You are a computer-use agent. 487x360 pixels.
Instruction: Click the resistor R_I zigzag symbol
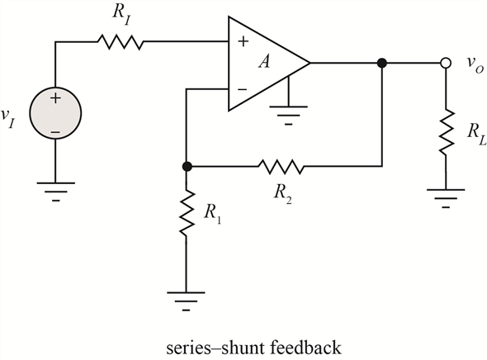(121, 42)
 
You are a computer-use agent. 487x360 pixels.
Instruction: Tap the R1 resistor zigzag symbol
(187, 214)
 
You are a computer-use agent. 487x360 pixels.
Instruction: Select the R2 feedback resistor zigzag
(281, 167)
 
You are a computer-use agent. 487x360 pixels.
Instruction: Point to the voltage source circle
(55, 113)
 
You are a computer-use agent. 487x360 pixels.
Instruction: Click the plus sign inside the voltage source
(55, 99)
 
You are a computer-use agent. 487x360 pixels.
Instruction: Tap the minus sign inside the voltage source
(55, 132)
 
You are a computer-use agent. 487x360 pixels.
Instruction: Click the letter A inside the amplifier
(265, 61)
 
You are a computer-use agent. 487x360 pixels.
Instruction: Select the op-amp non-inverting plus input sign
(243, 41)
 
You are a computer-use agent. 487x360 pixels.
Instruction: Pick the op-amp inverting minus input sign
(242, 89)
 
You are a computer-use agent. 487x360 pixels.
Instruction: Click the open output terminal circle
(446, 63)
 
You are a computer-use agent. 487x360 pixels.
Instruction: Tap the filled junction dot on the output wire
(382, 63)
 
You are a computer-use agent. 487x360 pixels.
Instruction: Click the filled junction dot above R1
(187, 167)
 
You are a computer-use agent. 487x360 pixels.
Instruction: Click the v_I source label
(7, 118)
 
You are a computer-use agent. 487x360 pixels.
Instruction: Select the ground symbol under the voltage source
(55, 191)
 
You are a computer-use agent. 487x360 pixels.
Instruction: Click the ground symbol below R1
(186, 301)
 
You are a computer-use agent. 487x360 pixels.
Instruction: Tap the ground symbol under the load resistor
(446, 198)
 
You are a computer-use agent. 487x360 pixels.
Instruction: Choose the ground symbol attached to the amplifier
(289, 116)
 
